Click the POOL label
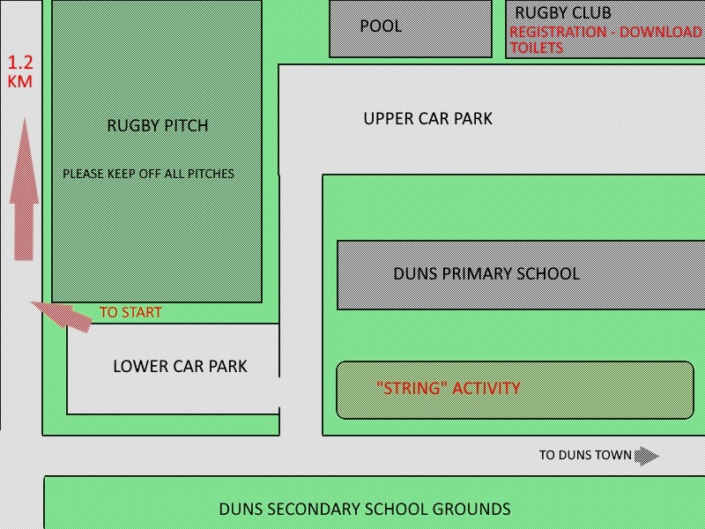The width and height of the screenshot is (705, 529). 381,26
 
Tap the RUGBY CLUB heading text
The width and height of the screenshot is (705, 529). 563,12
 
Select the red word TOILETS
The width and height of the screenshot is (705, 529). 537,48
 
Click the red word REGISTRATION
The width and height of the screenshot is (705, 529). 558,32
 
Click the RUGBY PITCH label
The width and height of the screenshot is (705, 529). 158,125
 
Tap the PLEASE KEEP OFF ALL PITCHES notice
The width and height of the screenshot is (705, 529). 148,174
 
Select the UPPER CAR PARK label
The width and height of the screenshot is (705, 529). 428,119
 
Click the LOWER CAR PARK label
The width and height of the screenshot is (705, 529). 181,366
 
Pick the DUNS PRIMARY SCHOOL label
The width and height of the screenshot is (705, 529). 486,273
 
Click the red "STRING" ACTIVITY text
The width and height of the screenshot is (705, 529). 449,388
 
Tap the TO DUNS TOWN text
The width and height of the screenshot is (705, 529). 585,455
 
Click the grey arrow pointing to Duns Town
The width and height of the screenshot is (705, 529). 647,456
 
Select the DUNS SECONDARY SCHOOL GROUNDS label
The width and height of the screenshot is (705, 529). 365,510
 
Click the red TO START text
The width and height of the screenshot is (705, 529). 130,312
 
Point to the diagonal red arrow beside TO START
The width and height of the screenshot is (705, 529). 61,316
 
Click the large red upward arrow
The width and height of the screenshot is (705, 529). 24,189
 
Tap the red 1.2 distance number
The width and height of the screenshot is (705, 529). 20,63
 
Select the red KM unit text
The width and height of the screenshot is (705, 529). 20,81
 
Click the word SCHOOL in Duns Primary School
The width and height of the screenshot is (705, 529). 549,273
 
